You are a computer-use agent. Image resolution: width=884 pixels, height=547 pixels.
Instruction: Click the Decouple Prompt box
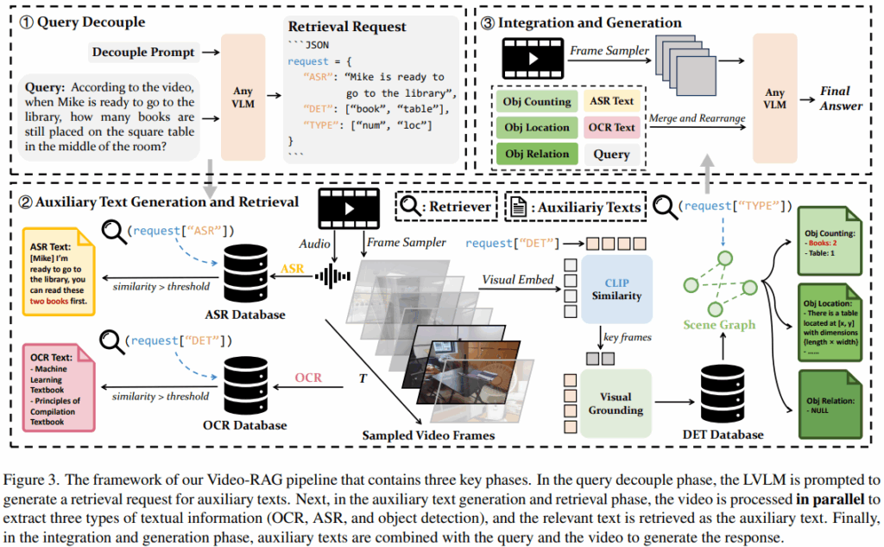click(142, 53)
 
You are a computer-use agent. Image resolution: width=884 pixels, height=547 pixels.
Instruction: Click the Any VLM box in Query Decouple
click(243, 97)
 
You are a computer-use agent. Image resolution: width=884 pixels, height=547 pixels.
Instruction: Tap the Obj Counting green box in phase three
click(537, 101)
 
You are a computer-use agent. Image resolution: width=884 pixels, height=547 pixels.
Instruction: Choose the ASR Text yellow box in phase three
click(611, 101)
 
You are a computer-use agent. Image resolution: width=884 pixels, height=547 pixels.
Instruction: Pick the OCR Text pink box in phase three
click(611, 128)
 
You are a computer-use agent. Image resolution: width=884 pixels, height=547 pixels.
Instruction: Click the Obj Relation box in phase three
click(537, 154)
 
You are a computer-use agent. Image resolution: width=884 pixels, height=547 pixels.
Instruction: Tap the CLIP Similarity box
click(616, 289)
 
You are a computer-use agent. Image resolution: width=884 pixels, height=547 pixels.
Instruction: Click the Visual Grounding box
click(615, 404)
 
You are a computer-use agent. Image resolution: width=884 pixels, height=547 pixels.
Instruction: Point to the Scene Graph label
click(719, 325)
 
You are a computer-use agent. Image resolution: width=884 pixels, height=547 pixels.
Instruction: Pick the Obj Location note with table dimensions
click(827, 325)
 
